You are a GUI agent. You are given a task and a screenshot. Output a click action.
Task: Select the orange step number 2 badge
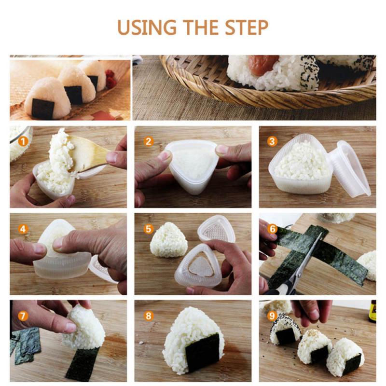(149, 141)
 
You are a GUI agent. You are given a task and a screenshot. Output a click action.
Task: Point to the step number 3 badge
(273, 141)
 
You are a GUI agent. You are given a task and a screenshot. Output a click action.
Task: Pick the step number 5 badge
(149, 229)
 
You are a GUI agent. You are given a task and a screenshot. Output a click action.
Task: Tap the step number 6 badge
(273, 229)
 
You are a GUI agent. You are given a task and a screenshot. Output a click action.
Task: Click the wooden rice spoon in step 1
(89, 152)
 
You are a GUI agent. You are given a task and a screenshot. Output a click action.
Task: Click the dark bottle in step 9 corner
(372, 311)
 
